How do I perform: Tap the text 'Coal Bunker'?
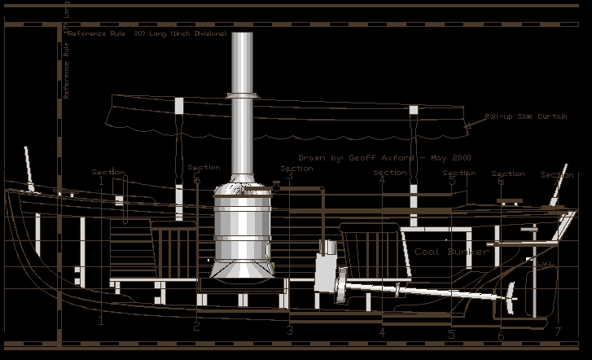452,252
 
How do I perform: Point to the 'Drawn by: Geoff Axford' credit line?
384,158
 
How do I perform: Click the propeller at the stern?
511,299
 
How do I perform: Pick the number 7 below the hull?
557,331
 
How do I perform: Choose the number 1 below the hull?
101,322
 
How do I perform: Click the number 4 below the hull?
381,331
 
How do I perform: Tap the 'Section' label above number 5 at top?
458,173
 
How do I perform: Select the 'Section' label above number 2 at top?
204,168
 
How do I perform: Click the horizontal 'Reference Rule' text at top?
147,33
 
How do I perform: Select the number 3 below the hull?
289,331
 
